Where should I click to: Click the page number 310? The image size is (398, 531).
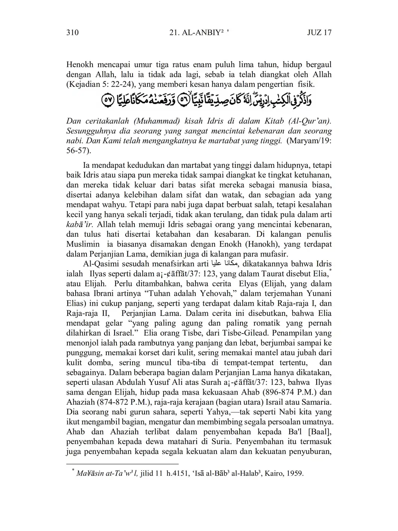(73, 33)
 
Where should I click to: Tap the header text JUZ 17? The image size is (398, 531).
(319, 33)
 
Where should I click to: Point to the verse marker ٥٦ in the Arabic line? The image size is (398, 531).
(184, 100)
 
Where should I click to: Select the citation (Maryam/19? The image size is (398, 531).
(309, 141)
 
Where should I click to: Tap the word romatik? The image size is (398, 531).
(261, 323)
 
